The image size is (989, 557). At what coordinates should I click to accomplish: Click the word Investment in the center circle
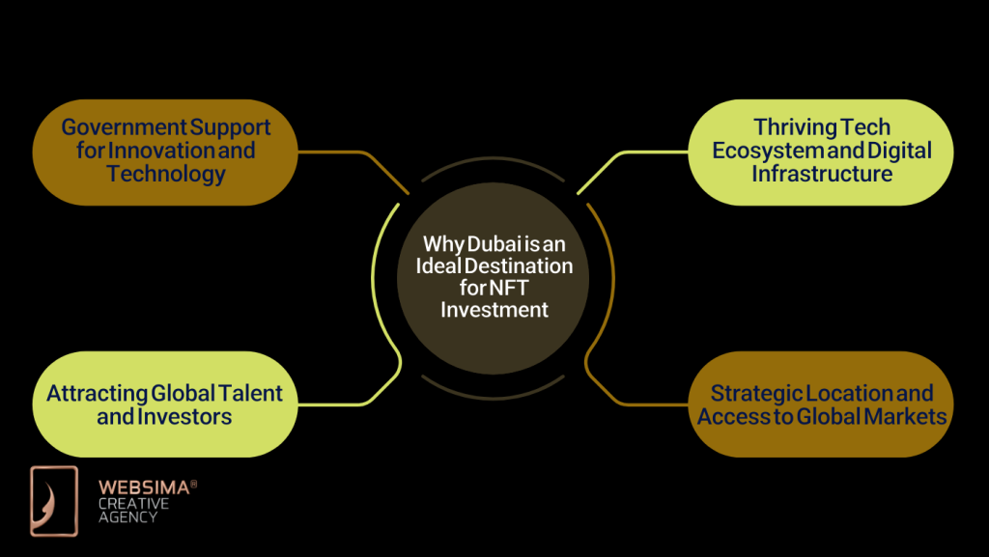tap(494, 309)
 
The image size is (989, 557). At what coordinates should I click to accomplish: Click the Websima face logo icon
tap(54, 500)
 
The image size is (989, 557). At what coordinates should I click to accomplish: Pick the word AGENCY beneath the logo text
tap(127, 517)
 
